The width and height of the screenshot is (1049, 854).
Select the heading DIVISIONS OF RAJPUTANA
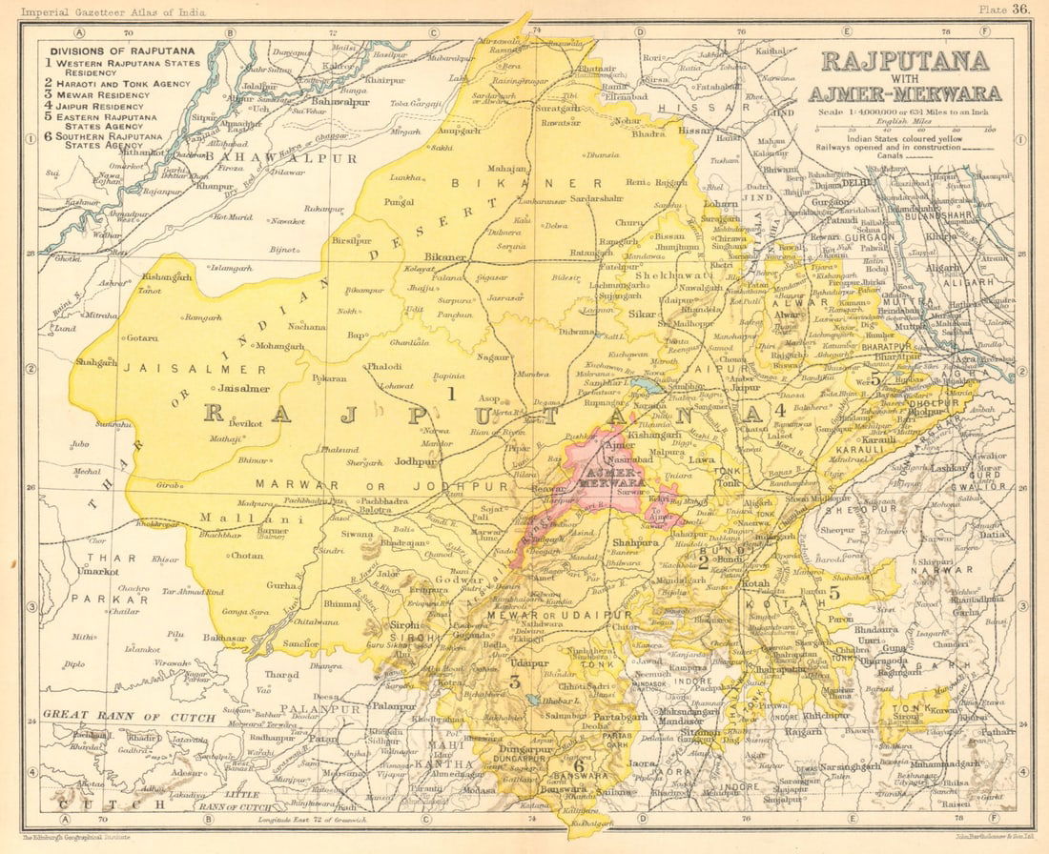[x=123, y=51]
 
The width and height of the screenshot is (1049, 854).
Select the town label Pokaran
[x=331, y=378]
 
